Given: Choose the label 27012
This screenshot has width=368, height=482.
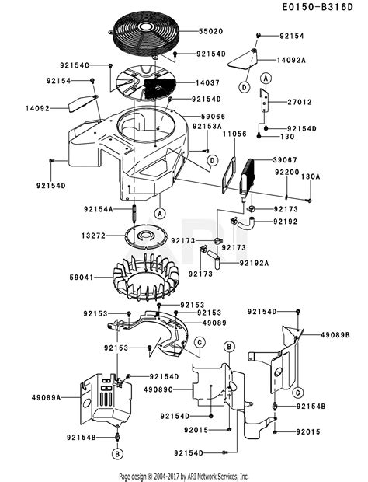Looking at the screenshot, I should click(x=301, y=101).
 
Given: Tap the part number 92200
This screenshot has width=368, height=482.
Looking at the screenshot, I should click(x=288, y=172).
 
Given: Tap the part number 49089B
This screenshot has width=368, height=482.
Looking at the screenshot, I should click(x=335, y=334).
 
